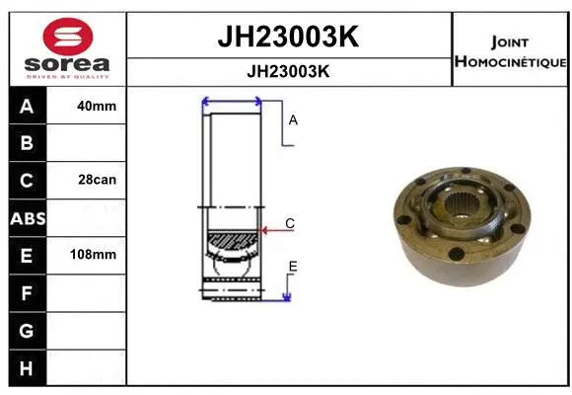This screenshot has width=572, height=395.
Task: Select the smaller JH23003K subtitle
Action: pos(286,71)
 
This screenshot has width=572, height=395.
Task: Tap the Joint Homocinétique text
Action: pos(510,51)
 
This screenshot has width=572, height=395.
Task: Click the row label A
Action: pos(27,107)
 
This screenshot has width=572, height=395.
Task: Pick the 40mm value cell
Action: pos(97,107)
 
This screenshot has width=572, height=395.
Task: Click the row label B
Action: pos(27,143)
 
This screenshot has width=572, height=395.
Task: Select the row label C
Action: pos(27,181)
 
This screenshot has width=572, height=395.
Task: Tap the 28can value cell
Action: pos(97,181)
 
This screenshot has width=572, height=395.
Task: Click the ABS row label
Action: pos(27,218)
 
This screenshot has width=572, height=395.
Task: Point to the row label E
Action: pos(27,255)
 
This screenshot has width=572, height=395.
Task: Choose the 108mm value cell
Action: pos(97,255)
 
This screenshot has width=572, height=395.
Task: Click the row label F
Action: pos(27,292)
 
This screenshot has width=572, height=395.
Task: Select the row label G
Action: pos(27,330)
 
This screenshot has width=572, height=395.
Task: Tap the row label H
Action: pos(27,367)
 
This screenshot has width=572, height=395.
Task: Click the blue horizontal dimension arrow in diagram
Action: pos(232,101)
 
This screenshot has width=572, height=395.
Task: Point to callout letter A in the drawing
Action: pos(293,120)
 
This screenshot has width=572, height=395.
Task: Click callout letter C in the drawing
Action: pos(290,224)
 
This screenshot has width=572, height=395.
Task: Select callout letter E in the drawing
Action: pos(293,267)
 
